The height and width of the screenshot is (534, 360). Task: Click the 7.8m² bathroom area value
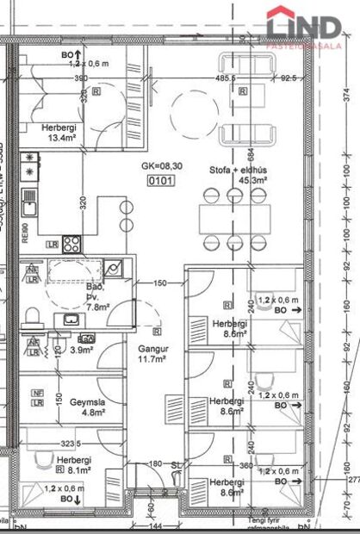coord(96,306)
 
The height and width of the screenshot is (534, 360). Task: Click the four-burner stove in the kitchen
coord(71,244)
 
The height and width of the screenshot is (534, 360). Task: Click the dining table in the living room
coord(234,218)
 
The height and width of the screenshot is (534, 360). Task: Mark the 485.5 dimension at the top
coord(227,78)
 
